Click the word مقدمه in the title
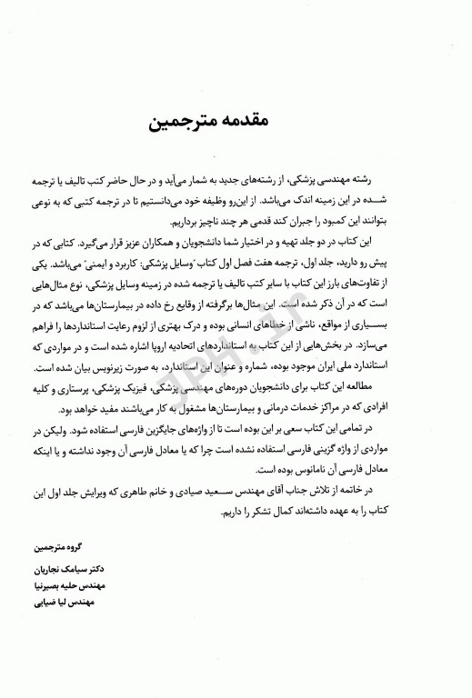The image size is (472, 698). click(274, 120)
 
